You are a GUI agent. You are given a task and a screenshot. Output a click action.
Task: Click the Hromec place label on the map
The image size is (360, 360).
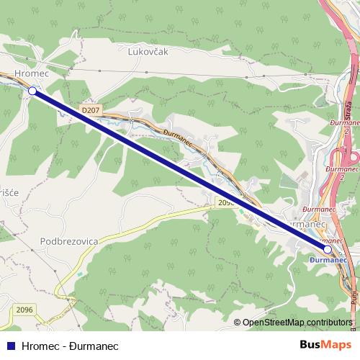click(30, 73)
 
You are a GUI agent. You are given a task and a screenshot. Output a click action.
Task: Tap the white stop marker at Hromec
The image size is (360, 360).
click(32, 91)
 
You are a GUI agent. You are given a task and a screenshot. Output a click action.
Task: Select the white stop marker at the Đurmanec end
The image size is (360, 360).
click(328, 249)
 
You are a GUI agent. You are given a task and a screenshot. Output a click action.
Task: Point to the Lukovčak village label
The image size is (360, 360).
click(147, 52)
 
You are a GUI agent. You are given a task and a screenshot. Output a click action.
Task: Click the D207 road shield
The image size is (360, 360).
click(90, 109)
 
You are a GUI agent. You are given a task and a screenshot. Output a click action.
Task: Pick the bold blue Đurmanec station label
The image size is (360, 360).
click(328, 258)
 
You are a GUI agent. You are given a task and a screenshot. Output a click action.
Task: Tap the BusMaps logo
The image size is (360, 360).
click(325, 345)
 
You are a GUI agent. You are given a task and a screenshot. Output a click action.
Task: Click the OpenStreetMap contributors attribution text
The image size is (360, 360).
click(297, 322)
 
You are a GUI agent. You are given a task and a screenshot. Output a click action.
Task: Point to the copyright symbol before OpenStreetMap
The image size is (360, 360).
click(238, 322)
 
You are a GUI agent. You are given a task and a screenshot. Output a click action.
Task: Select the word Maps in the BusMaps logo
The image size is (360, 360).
click(338, 345)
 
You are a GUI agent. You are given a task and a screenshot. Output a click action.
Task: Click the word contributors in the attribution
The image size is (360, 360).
click(329, 322)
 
